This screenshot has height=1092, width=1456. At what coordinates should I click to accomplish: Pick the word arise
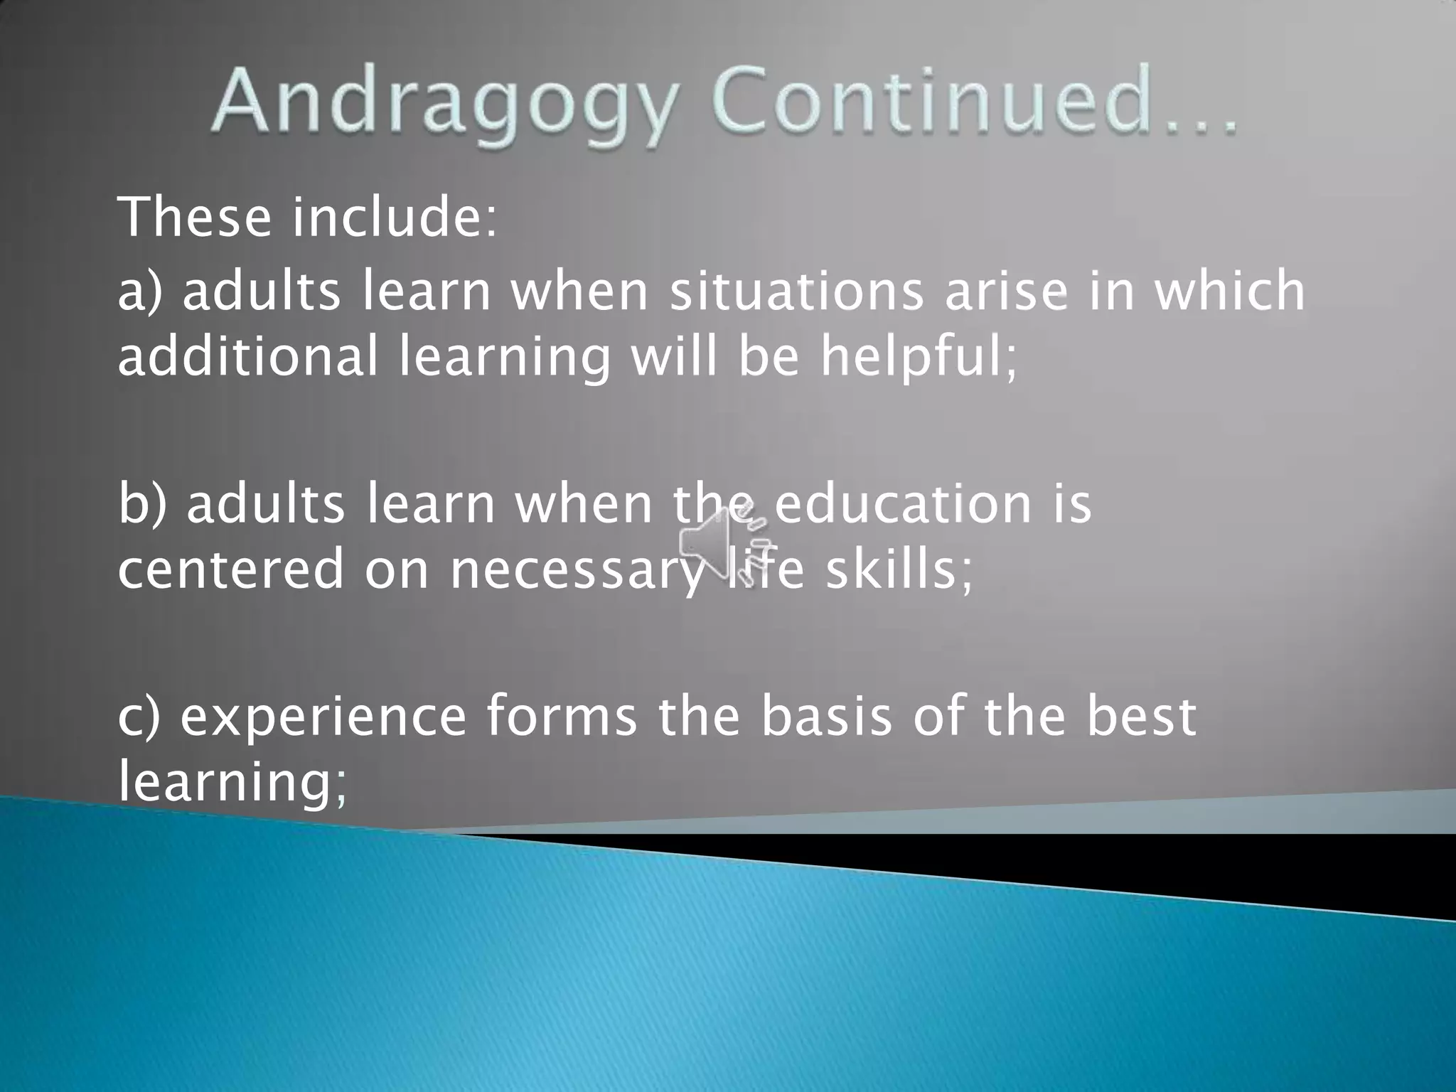pyautogui.click(x=1006, y=291)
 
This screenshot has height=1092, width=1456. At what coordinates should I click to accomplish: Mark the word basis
pyautogui.click(x=825, y=717)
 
